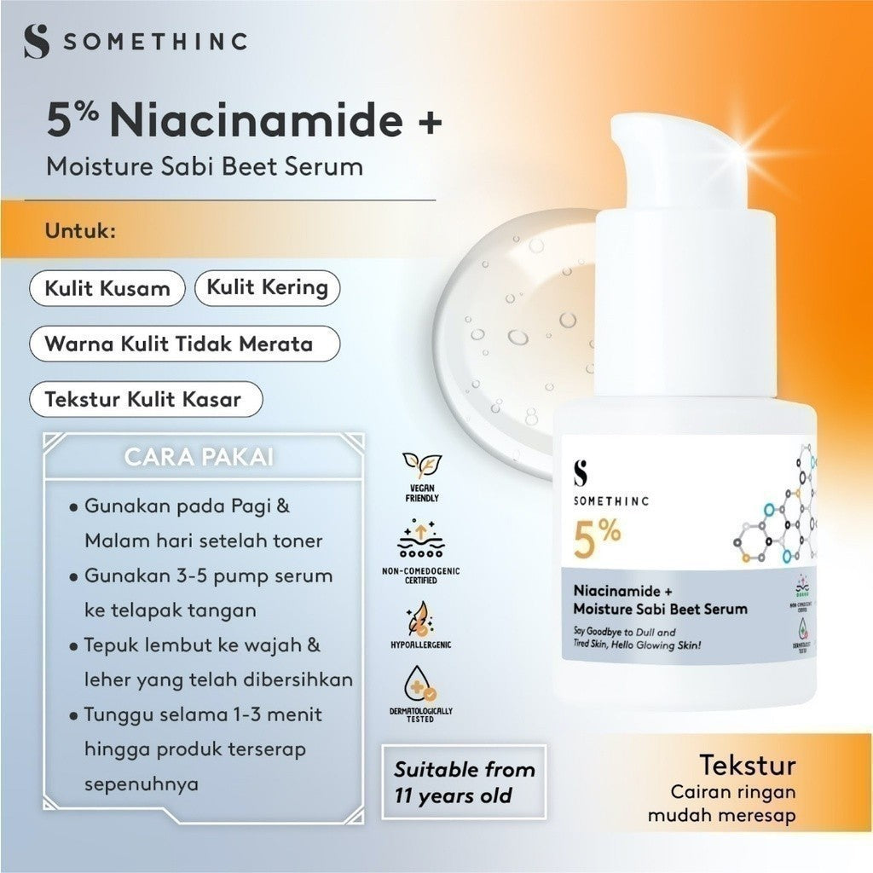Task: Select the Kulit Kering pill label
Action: pos(267,286)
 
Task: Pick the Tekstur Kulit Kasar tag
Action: pos(143,399)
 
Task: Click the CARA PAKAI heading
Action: pos(199,456)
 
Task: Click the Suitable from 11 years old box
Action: pos(464,782)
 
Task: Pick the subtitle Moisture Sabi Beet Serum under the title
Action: pos(205,165)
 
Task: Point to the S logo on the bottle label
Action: pos(583,472)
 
